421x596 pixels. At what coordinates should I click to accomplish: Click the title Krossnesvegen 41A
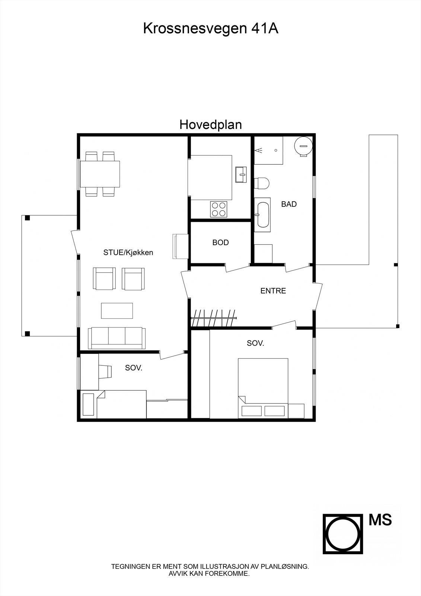pos(211,28)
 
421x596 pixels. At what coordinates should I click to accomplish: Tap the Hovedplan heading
pos(211,125)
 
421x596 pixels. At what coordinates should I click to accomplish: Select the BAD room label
pos(289,204)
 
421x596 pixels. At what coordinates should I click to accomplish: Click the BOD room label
pos(220,242)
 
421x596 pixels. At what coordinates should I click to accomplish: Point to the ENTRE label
pos(273,291)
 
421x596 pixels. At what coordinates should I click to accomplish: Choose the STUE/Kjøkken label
pos(128,253)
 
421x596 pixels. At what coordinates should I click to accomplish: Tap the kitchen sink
pos(241,175)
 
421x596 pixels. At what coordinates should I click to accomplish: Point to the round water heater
pos(303,146)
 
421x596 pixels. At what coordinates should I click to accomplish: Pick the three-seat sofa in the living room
pos(117,338)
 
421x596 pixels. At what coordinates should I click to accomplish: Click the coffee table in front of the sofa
pos(117,311)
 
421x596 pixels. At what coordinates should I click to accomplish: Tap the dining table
pos(100,174)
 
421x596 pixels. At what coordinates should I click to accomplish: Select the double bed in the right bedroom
pos(263,388)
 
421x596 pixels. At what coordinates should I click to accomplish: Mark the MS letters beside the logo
pos(380,520)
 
